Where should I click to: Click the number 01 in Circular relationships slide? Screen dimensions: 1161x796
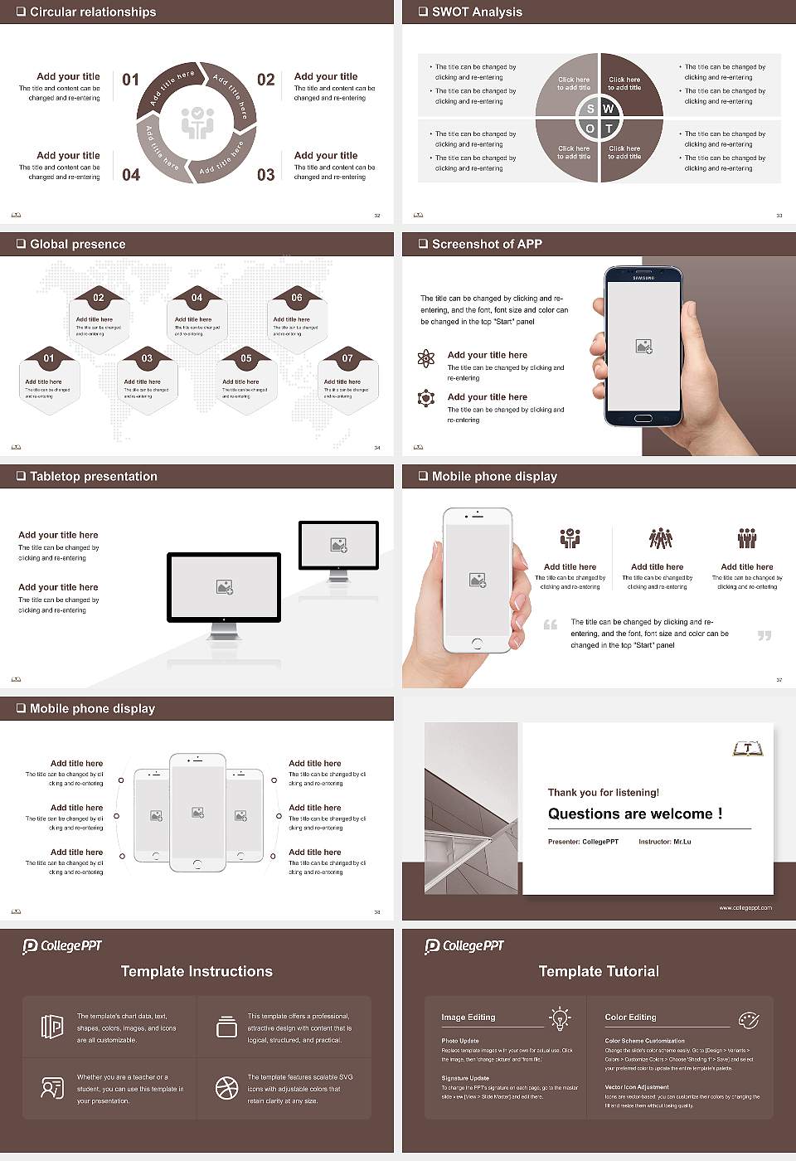(x=131, y=80)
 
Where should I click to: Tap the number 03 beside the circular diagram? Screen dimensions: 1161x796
(x=265, y=175)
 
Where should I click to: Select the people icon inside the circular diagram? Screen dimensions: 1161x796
(x=197, y=122)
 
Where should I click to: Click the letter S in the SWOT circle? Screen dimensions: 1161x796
(x=590, y=109)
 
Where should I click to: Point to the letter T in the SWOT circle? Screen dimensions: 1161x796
(x=609, y=129)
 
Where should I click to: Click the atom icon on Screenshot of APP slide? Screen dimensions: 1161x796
(x=426, y=358)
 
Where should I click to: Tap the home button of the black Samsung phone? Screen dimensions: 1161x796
(x=643, y=420)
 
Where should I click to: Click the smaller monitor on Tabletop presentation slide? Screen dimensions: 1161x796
(x=338, y=546)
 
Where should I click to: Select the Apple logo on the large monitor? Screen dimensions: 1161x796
(x=224, y=619)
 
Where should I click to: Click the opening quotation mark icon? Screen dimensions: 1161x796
(x=551, y=624)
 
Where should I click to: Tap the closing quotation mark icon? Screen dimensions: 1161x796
(x=764, y=635)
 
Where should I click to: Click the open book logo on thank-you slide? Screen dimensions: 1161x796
(x=747, y=749)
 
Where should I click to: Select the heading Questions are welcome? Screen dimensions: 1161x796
(x=634, y=814)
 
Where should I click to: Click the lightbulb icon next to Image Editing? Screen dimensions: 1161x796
(x=560, y=1018)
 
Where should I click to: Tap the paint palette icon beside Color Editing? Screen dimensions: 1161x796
(x=748, y=1019)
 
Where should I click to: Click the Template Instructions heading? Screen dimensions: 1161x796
(x=197, y=971)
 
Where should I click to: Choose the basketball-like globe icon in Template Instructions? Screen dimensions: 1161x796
(x=226, y=1088)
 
